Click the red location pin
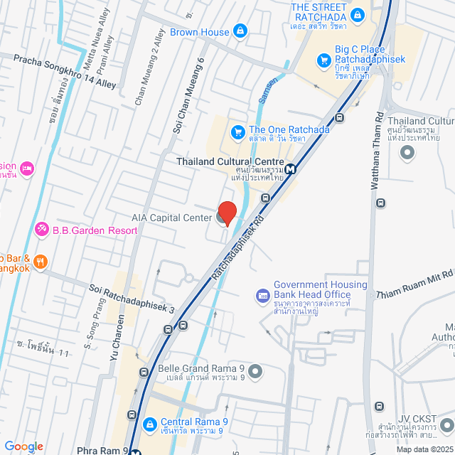click(227, 213)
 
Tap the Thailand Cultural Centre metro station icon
click(291, 169)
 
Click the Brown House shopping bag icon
click(240, 31)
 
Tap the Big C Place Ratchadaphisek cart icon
click(324, 60)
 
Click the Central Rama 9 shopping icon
click(150, 425)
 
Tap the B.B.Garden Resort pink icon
click(42, 230)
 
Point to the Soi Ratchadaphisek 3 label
click(132, 289)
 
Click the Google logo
click(23, 446)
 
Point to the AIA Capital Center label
click(171, 217)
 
